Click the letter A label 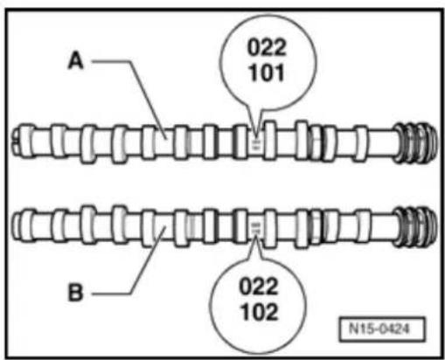tap(76, 61)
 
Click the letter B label tap(75, 293)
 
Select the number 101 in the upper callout tap(267, 73)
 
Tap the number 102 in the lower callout tap(260, 312)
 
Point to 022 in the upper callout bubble tap(267, 47)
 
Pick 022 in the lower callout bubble tap(259, 287)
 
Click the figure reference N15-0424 tap(379, 329)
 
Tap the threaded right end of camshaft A tap(416, 142)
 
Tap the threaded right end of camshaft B tap(416, 226)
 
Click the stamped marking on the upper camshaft tap(255, 144)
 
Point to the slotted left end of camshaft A tap(20, 140)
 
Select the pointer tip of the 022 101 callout tap(256, 136)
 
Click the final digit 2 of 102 tap(272, 312)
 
